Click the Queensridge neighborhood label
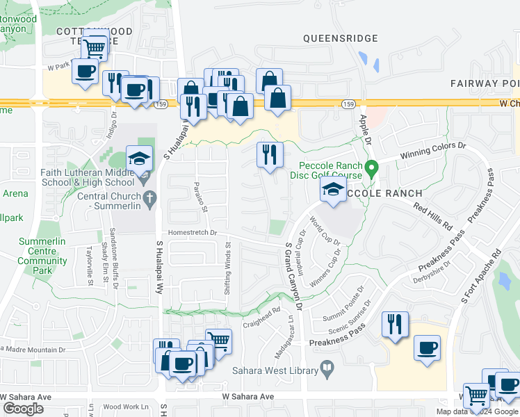tap(341, 39)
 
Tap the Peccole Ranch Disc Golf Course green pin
tap(372, 168)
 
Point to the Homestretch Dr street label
tap(190, 234)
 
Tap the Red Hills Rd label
tap(432, 217)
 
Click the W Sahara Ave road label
tap(248, 397)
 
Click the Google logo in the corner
tap(22, 409)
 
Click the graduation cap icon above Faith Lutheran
tap(139, 157)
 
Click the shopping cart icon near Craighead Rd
tap(218, 341)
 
